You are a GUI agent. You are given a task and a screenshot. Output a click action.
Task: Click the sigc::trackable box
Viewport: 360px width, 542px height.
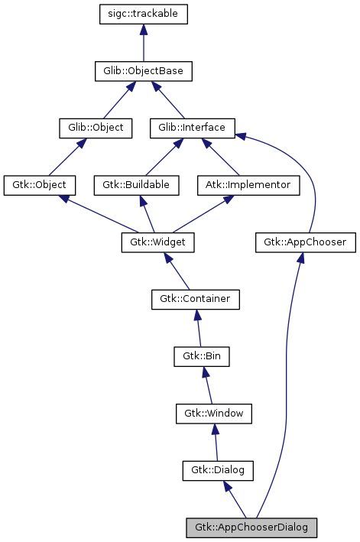point(144,15)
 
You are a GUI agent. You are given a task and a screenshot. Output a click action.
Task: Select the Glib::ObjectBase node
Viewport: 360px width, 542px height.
point(143,72)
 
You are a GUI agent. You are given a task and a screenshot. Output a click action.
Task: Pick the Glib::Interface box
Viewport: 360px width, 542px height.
point(192,128)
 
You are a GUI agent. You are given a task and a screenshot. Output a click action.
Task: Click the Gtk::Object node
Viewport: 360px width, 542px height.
point(40,185)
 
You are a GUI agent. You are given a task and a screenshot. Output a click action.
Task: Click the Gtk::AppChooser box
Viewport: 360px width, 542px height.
point(305,242)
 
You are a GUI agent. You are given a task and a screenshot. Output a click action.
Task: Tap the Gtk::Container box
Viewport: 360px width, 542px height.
point(195,299)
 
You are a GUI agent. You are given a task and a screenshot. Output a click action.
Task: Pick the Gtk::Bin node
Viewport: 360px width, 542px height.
point(202,356)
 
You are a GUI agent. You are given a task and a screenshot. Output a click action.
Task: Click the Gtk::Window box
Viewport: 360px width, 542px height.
point(214,414)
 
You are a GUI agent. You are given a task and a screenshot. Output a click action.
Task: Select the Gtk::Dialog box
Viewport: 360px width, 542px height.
point(218,470)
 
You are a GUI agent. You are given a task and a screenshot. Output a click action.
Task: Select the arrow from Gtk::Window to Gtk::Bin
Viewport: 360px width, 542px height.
point(208,385)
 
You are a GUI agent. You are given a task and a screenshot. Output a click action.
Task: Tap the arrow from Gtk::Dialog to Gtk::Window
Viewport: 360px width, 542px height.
point(216,442)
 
